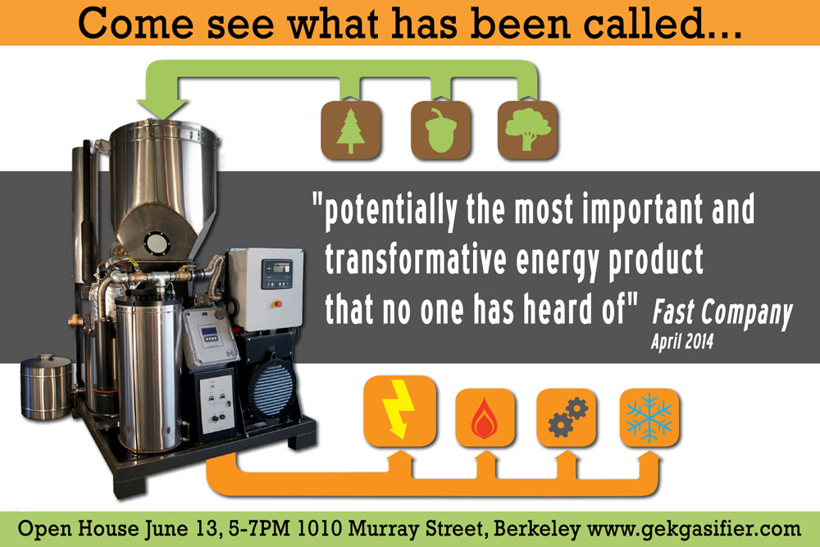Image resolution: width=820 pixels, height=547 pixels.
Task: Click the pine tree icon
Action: [x=350, y=130]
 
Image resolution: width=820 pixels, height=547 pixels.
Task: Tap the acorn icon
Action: [x=441, y=130]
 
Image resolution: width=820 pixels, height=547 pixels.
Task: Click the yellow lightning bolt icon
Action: [x=399, y=411]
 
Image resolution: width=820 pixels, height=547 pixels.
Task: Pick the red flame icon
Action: [x=485, y=417]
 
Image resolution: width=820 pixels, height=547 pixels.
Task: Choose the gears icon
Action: [x=567, y=417]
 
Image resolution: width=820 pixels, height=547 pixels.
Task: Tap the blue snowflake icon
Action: [x=649, y=417]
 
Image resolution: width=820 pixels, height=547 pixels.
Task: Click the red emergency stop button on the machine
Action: [x=278, y=303]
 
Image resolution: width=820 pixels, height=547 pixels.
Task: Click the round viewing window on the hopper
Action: [x=155, y=243]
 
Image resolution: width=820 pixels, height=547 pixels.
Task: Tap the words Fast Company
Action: [x=722, y=312]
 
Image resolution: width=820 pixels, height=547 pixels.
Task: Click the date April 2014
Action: [x=682, y=342]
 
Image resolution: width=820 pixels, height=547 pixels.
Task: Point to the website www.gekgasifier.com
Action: [x=694, y=529]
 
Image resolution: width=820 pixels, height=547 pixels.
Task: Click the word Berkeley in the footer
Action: [x=536, y=529]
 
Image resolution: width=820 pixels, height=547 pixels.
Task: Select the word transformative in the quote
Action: [x=416, y=258]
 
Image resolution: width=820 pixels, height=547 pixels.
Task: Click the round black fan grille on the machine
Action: [x=271, y=390]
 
